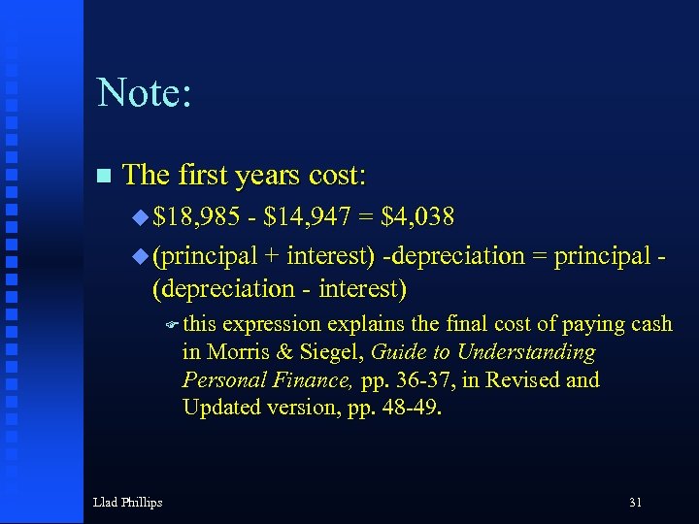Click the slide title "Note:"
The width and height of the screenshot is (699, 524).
(x=145, y=92)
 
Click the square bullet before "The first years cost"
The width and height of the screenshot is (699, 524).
(x=105, y=176)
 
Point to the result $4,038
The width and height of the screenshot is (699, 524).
(x=420, y=215)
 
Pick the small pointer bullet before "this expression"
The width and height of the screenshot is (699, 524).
(x=171, y=325)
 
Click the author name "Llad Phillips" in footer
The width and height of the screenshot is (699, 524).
(x=127, y=502)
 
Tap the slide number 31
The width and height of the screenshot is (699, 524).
(x=635, y=502)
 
